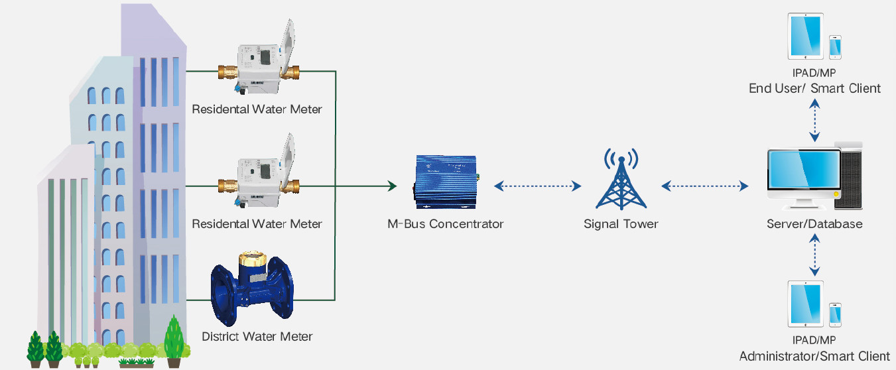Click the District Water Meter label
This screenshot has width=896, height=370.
click(257, 336)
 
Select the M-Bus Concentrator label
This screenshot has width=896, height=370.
click(445, 223)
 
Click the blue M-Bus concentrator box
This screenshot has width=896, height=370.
click(445, 179)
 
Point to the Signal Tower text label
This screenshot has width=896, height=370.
click(621, 223)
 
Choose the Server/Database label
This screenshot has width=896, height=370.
click(814, 223)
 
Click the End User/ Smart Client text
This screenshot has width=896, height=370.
click(814, 88)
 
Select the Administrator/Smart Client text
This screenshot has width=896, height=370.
click(814, 356)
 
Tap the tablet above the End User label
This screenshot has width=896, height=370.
click(805, 37)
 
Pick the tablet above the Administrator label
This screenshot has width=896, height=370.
click(805, 304)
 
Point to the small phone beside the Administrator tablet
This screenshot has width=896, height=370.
click(836, 314)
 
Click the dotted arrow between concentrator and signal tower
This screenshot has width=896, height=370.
click(538, 187)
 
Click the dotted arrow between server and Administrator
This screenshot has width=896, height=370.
click(815, 256)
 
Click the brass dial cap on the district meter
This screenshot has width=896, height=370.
click(253, 258)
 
